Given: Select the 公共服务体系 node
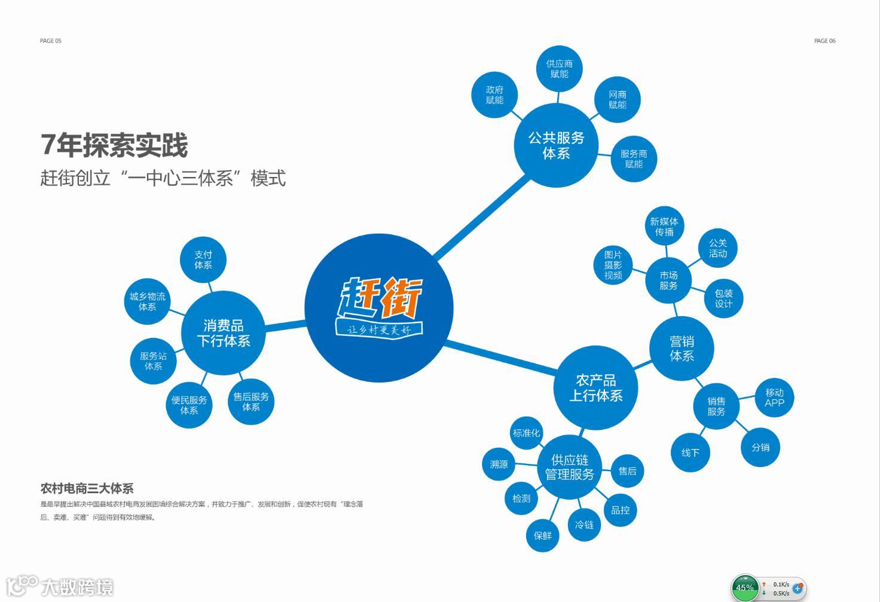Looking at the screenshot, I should pos(556,145).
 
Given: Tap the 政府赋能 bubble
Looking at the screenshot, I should pos(494,95).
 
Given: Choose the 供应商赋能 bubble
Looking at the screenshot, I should pos(560,69).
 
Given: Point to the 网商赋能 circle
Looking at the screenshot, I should pos(618,100).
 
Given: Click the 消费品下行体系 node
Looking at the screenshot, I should pos(224,333).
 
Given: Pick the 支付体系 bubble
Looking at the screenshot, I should pos(203,259).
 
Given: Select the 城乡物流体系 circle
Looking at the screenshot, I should pos(147,301).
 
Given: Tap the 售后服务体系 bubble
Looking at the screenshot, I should pos(251,402).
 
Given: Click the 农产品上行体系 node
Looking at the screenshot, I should pos(595,387).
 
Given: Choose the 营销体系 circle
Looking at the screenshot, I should pos(682,349).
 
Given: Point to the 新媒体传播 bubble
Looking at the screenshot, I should pos(664,227).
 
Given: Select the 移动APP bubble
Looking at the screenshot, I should pos(774,398).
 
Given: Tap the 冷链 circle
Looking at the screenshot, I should pos(584,525).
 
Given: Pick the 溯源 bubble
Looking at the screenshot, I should pos(499,464).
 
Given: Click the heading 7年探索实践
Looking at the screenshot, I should pos(114,145).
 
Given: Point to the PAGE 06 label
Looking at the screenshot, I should pos(824,41).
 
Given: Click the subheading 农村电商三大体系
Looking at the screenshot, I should pos(87,488).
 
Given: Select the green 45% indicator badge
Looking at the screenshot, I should pos(744,588).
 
